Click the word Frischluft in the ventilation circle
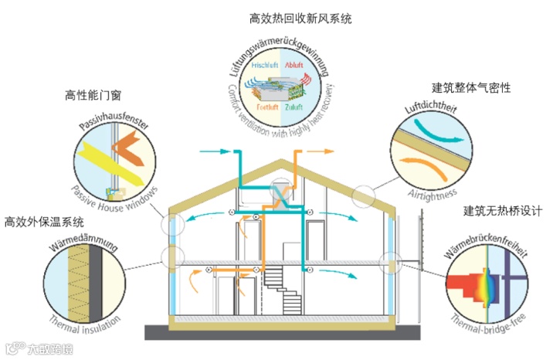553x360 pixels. tap(265, 66)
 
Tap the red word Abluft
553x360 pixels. tap(293, 66)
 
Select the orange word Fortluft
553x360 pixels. tap(268, 106)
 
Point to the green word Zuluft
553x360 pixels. tap(294, 106)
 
